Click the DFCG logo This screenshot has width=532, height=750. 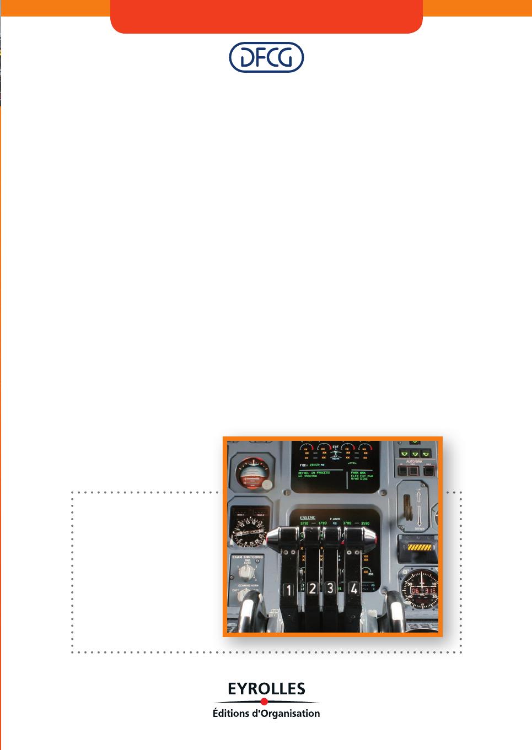266,57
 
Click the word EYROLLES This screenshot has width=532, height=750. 266,689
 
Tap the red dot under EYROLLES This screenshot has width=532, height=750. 264,702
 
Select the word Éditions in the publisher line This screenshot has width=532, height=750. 230,714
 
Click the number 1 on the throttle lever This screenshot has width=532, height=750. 288,590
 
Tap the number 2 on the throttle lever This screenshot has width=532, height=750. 312,589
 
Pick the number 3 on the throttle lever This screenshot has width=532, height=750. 330,588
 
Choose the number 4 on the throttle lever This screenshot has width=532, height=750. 353,588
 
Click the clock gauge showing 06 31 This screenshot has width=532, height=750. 421,590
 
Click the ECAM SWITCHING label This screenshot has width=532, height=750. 248,558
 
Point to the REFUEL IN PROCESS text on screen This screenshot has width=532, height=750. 314,473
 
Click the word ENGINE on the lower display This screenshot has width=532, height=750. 307,518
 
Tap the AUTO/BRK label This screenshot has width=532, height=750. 414,461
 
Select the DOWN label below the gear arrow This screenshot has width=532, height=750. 420,528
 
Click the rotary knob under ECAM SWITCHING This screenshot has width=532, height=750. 245,571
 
